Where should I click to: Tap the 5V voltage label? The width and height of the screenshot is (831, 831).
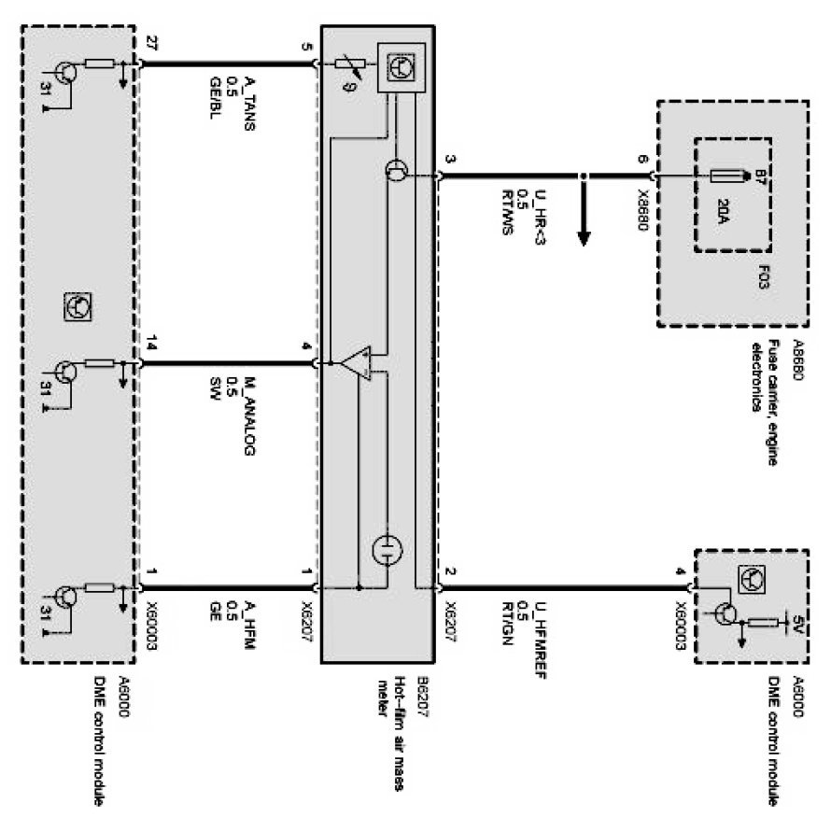[798, 624]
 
